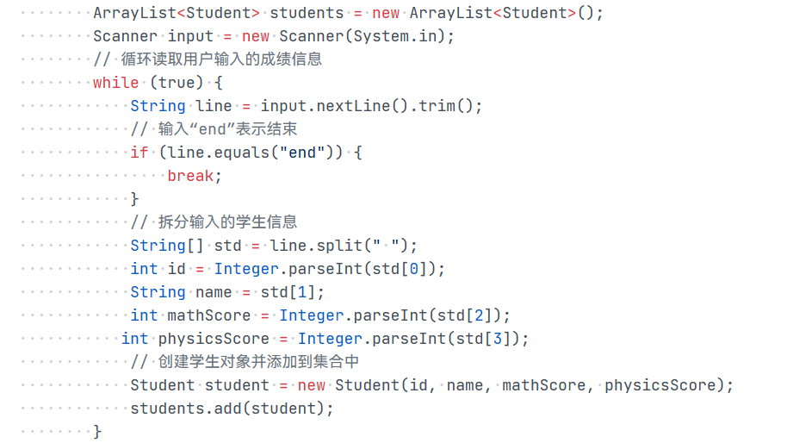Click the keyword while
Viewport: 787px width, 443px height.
pos(115,83)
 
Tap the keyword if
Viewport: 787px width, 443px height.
pos(139,153)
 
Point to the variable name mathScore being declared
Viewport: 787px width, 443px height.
pos(208,315)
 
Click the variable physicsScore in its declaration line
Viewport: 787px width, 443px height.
pos(213,339)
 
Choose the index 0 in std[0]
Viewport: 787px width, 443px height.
pos(413,269)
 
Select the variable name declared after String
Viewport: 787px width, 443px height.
pos(214,106)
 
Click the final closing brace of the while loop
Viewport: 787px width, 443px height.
pos(97,431)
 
